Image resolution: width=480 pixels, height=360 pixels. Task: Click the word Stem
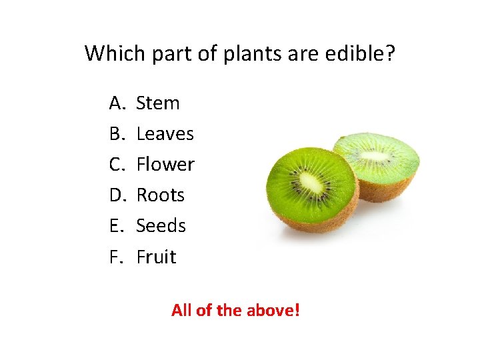click(x=158, y=103)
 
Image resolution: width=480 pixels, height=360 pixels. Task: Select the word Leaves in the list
click(x=165, y=134)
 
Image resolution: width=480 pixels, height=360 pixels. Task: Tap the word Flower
click(x=165, y=165)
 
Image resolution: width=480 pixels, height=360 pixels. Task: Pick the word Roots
click(x=160, y=195)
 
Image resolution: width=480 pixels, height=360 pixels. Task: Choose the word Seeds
click(x=161, y=226)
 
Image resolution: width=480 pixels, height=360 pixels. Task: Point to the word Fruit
click(x=156, y=257)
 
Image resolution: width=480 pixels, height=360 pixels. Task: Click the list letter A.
click(x=117, y=103)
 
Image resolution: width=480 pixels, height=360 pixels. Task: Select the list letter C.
click(x=117, y=165)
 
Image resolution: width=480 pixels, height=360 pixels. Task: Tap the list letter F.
click(x=116, y=257)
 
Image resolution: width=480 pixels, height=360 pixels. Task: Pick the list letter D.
click(x=117, y=195)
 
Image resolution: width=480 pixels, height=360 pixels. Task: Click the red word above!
click(x=273, y=310)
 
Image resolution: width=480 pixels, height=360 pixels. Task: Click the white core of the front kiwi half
click(x=310, y=182)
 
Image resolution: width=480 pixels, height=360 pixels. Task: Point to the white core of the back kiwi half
click(x=375, y=156)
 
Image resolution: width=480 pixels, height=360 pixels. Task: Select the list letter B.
click(x=117, y=134)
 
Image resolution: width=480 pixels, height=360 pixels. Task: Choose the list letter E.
click(x=116, y=226)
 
